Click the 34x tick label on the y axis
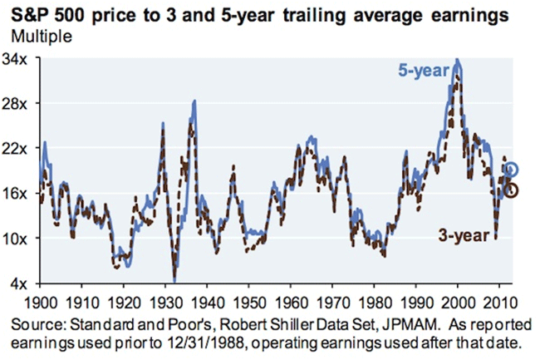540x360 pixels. (18, 59)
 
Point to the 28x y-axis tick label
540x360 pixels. (18, 104)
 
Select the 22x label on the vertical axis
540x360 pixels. (18, 149)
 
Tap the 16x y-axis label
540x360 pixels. (18, 194)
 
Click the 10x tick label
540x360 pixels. (18, 239)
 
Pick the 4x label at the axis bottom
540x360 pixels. (22, 284)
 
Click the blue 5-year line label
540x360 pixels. (425, 72)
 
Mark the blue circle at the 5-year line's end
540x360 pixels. (512, 170)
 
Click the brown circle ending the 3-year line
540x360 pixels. (512, 190)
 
